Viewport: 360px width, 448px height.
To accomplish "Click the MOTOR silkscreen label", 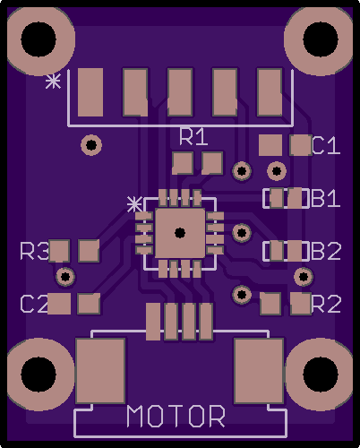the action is (176, 416).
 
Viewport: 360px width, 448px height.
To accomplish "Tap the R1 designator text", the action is (193, 137).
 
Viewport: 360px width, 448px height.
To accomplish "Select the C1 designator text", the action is (326, 145).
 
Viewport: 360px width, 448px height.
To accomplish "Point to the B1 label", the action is (326, 198).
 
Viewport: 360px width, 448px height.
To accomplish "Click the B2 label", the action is (326, 251).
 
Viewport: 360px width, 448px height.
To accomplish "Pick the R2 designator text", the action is (326, 304).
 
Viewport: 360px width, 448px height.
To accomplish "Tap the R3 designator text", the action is (34, 251).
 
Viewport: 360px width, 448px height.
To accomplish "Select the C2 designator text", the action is (34, 304).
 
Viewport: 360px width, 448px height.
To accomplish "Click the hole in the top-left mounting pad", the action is (39, 39).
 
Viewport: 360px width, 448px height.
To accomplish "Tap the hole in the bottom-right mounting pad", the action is (321, 375).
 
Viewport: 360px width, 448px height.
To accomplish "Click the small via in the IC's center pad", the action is (180, 233).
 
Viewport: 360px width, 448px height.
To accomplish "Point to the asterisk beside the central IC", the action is (134, 204).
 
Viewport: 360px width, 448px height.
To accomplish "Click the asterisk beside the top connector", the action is (53, 82).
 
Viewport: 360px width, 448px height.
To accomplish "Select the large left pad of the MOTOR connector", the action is (100, 371).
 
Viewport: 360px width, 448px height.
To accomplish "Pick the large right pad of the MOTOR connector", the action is (259, 371).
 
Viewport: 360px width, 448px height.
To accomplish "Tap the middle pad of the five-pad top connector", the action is (180, 92).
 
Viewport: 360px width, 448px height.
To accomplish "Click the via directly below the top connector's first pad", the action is (91, 145).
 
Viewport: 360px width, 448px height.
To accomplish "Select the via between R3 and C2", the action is (65, 277).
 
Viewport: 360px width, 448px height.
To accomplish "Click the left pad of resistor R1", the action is (182, 163).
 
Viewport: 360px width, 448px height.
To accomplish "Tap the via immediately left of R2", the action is (242, 295).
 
